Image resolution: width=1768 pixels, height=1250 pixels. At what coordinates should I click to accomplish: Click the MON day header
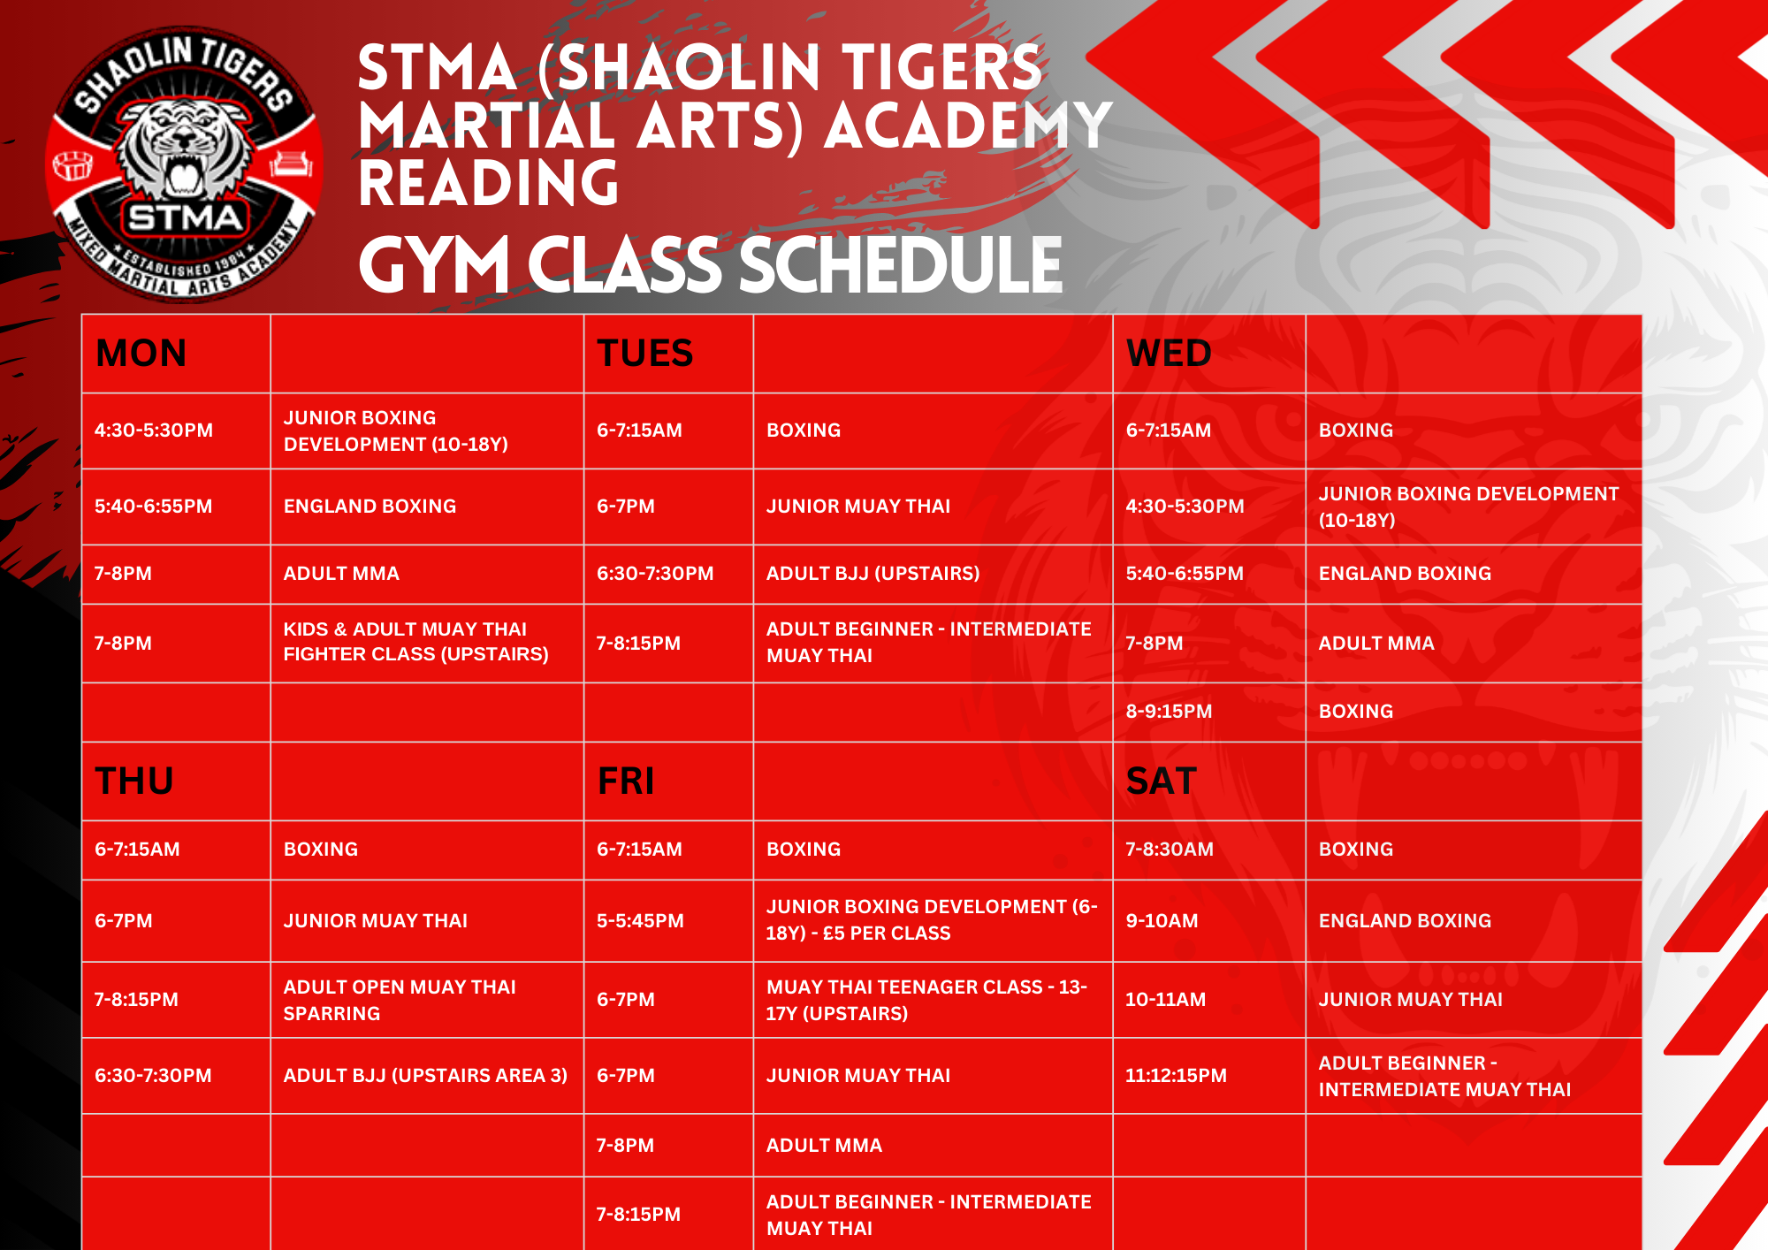(141, 354)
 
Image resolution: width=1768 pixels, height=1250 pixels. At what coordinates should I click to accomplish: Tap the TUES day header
(644, 354)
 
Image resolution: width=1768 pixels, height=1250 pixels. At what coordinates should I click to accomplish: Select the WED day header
(1169, 354)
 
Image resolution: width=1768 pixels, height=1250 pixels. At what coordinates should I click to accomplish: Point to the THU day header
(134, 781)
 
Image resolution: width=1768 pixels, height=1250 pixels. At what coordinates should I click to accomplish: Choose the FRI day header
(626, 781)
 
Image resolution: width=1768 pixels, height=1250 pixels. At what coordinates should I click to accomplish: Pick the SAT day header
(1161, 781)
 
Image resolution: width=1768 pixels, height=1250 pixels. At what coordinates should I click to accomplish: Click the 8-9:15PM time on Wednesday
(1169, 712)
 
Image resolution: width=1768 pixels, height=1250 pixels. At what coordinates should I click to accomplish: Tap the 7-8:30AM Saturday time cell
(1170, 850)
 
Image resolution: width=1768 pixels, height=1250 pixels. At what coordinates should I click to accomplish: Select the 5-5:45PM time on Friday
(640, 921)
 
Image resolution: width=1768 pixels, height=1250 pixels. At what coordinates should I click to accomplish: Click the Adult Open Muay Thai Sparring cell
(400, 1000)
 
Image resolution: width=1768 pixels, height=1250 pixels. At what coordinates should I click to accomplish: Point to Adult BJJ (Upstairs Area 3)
(425, 1076)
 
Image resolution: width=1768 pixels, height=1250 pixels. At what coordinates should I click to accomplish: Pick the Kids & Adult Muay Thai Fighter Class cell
(415, 642)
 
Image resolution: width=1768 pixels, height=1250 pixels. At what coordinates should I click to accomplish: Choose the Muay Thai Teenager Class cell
(926, 1000)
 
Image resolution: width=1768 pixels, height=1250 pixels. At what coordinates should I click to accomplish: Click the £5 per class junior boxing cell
(932, 920)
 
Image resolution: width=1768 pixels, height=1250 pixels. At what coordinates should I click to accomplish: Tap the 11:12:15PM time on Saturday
(1176, 1076)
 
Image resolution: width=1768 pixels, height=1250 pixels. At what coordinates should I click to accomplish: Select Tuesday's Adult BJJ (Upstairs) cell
(873, 574)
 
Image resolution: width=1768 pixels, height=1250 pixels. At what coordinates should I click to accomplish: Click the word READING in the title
(488, 183)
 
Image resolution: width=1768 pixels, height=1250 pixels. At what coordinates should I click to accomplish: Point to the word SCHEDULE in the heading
(900, 265)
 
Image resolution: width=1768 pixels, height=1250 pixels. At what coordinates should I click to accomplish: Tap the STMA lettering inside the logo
(185, 217)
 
